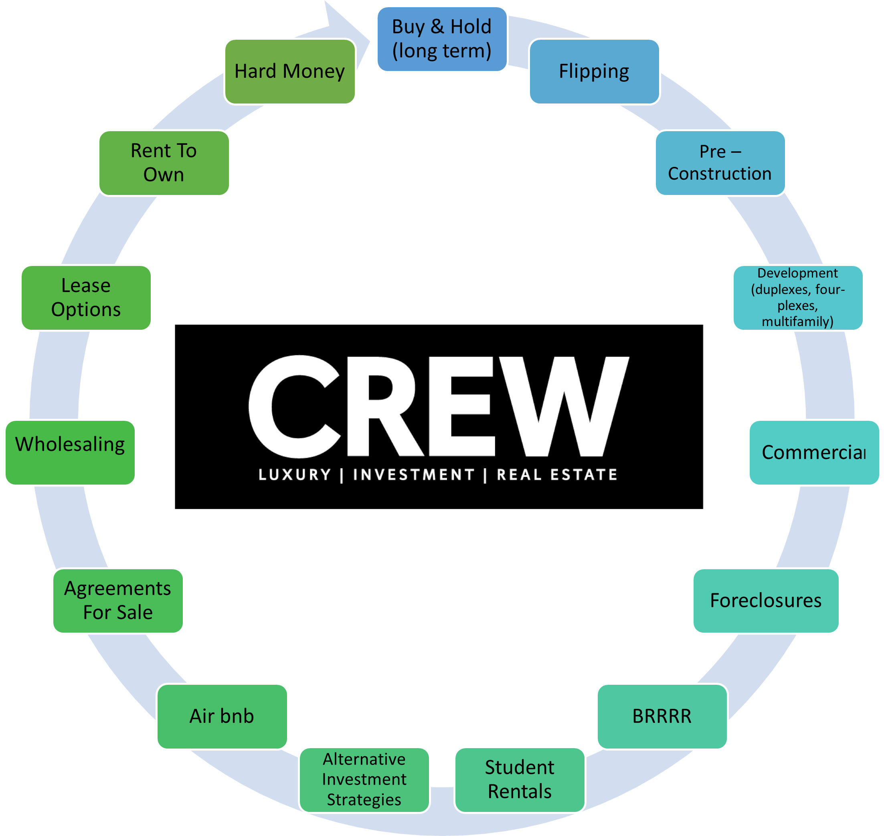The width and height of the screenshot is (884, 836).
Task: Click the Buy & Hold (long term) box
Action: point(442,39)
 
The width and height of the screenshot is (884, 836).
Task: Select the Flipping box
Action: point(594,71)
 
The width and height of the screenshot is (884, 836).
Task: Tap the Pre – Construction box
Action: point(720,162)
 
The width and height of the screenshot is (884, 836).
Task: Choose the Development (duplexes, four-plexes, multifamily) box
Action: point(797,297)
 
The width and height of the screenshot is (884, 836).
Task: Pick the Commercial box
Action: point(813,452)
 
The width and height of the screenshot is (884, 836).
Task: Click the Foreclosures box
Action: point(766,600)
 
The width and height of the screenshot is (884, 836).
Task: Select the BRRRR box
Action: point(662,716)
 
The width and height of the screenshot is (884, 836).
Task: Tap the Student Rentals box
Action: point(519,779)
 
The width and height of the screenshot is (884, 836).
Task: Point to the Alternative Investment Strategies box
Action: point(364,779)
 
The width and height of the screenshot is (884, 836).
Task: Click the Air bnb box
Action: point(222,716)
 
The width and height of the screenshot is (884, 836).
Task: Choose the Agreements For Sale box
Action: point(117,600)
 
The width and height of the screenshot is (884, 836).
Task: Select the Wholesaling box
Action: point(70,452)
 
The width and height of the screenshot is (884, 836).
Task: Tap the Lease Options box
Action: point(86,297)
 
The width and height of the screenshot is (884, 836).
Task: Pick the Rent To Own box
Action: point(164,162)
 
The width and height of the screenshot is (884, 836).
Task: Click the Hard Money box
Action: point(289,71)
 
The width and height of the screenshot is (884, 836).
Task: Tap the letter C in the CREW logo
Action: point(294,406)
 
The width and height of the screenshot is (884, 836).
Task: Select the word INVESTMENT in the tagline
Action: point(414,475)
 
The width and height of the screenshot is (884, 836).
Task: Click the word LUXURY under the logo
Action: point(295,475)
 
